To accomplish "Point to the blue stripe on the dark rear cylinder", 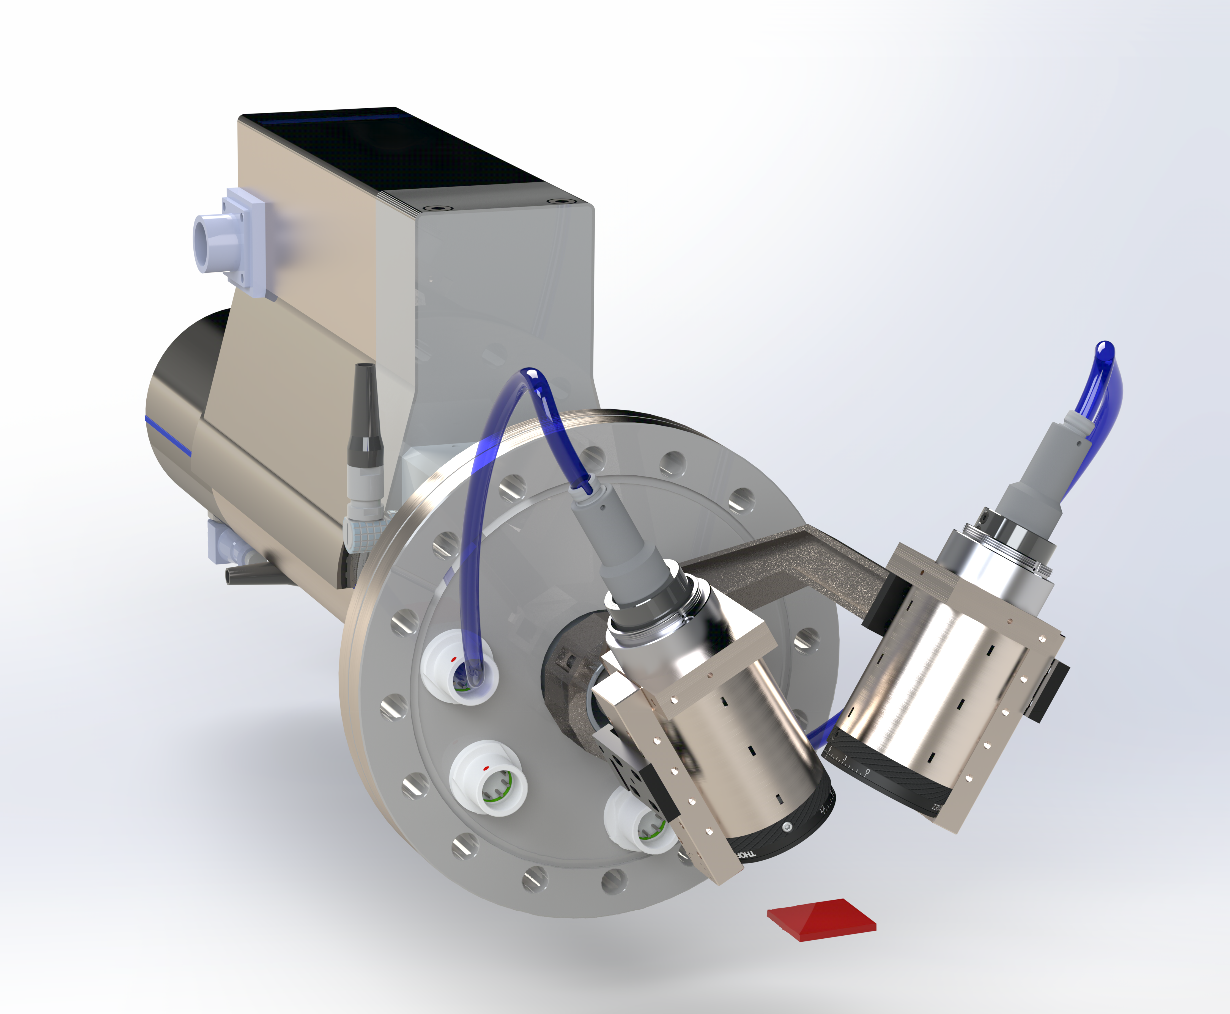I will [169, 435].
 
